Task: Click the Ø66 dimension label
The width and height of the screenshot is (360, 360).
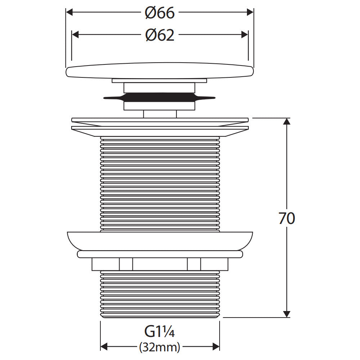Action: point(160,13)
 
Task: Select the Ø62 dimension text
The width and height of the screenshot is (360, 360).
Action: point(160,35)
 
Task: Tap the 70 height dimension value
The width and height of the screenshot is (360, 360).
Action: point(287,219)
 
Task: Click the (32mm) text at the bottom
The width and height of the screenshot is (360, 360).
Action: point(160,347)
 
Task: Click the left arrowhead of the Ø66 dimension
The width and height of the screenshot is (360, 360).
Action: point(69,12)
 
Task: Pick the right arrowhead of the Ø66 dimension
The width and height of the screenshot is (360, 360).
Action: point(250,12)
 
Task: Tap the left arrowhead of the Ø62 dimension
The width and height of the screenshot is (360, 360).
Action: point(75,35)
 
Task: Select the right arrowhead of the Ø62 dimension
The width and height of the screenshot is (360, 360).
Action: point(244,35)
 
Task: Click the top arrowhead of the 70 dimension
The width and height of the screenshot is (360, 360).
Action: point(287,121)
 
